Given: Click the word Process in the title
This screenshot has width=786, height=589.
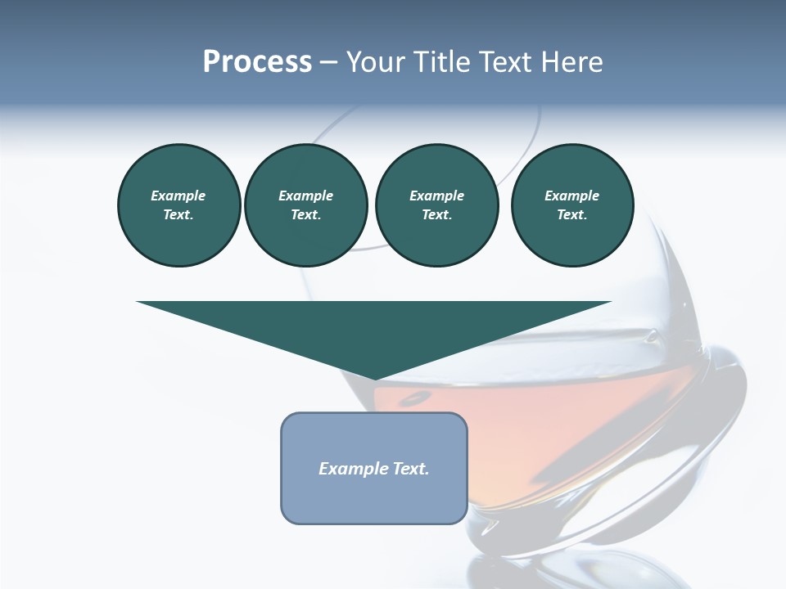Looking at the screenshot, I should coord(257,62).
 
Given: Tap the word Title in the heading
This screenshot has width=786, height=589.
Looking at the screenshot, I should coord(440,62).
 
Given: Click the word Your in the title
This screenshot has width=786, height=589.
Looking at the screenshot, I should coord(377,62).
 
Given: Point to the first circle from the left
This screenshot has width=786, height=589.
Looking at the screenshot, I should coord(178,205).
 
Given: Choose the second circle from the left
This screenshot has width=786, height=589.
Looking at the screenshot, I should coord(305,205).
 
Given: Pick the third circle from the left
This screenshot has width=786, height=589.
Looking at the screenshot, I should coord(436,205).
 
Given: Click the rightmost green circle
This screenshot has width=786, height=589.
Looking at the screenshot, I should coord(572,205).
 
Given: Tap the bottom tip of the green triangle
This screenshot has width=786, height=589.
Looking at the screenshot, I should coord(374,378).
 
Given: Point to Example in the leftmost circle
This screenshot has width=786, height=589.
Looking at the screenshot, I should coord(178,196).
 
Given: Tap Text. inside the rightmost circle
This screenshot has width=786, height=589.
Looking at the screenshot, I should coord(572,215).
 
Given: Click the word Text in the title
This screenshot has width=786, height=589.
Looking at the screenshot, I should coord(500,62).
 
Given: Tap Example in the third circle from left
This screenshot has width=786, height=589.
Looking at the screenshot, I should coord(436,196).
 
